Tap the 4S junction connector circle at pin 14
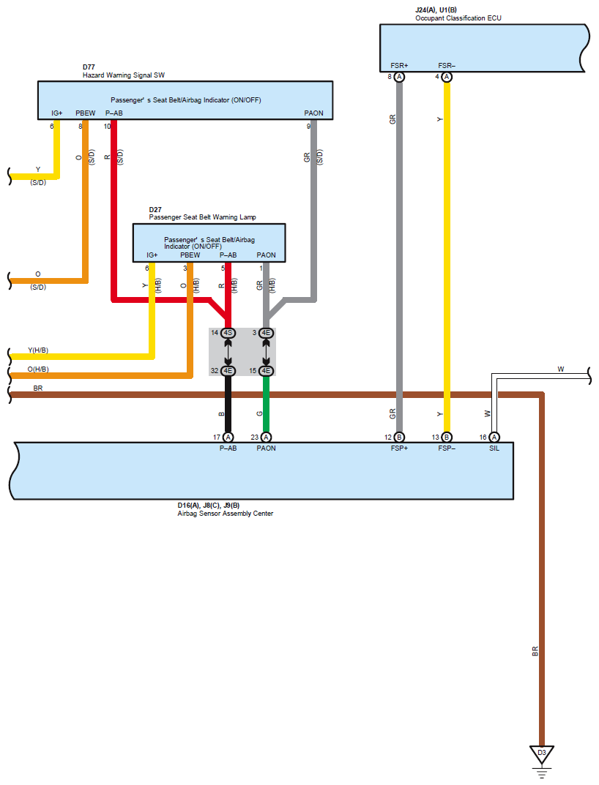coord(228,333)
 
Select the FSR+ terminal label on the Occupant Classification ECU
coord(400,66)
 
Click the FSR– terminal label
coord(447,66)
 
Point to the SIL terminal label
coord(494,448)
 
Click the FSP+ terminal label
coord(400,448)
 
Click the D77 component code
coord(89,67)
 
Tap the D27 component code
coord(155,209)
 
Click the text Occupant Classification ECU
coord(458,18)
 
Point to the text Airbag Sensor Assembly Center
coord(225,513)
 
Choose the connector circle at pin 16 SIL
coord(494,437)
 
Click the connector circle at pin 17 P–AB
coord(228,437)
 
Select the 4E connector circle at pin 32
coord(228,371)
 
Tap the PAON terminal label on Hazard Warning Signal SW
coord(314,113)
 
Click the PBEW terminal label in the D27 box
coord(190,255)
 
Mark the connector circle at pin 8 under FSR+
coord(400,77)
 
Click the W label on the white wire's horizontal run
coord(561,369)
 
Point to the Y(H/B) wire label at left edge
coord(38,350)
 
